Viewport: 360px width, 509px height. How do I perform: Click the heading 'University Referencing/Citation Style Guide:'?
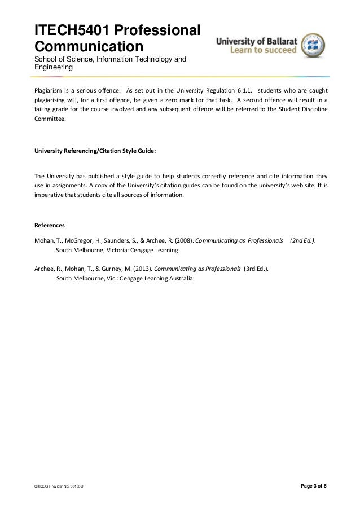[x=95, y=151]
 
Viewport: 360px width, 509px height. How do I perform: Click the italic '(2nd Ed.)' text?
[x=302, y=240]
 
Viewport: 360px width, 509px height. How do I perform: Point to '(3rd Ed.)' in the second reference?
[x=256, y=269]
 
